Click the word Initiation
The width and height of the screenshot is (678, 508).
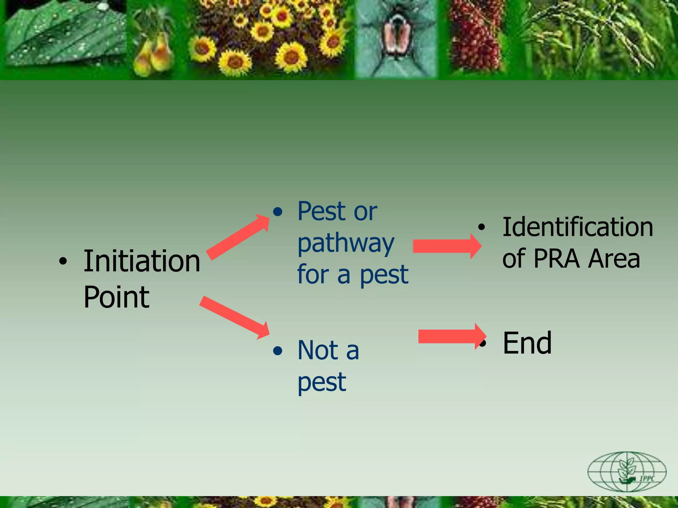pos(142,261)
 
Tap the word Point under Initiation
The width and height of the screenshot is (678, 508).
pos(117,297)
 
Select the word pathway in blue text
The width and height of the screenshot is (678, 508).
pos(346,244)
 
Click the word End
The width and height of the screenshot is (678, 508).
pos(527,343)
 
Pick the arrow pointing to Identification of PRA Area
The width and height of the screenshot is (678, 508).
pos(447,246)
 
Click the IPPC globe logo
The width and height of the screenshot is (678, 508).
pos(627,471)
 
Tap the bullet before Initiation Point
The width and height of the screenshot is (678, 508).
pos(63,261)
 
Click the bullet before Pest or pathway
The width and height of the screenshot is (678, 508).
pos(278,212)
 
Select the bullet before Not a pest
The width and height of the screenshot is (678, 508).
pos(278,351)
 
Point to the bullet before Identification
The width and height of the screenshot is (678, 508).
pos(481,227)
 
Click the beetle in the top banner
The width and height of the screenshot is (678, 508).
pos(398,36)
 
